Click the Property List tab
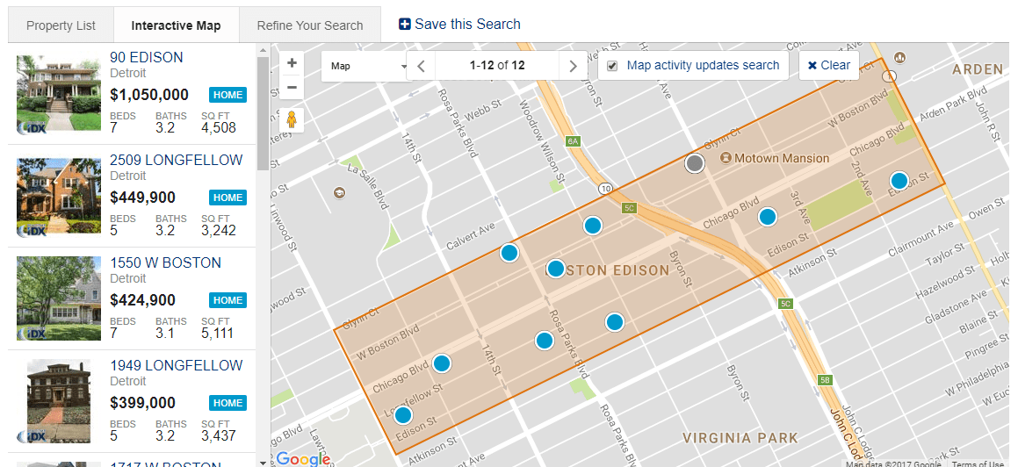coord(61,25)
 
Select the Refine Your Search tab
coord(309,25)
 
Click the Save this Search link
coord(459,25)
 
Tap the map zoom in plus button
coord(292,63)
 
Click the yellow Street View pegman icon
coord(292,119)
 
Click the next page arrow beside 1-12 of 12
coord(574,66)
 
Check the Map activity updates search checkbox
coord(612,66)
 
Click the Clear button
coord(828,65)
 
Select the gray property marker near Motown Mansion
coord(695,163)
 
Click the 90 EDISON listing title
coord(147,58)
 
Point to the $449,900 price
coord(142,198)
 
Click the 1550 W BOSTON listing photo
coord(59,298)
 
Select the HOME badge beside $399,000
coord(227,403)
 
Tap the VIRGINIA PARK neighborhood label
coord(740,438)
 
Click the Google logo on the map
coord(303,458)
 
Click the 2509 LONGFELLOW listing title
coord(176,161)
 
